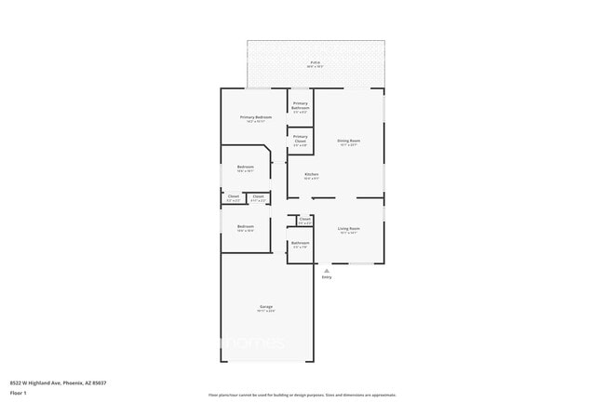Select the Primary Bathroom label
click(x=300, y=105)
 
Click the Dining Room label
click(x=349, y=141)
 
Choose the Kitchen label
click(x=312, y=174)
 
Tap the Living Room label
click(x=349, y=228)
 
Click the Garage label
click(x=266, y=306)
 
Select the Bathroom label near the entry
click(x=300, y=243)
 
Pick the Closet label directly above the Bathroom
click(x=304, y=220)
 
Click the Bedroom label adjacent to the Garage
click(x=246, y=226)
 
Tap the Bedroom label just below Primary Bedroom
click(x=246, y=167)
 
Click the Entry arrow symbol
click(x=326, y=269)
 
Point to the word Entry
click(x=326, y=277)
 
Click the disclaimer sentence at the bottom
click(x=302, y=396)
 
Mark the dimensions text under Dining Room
click(x=349, y=145)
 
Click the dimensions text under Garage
click(x=266, y=311)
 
